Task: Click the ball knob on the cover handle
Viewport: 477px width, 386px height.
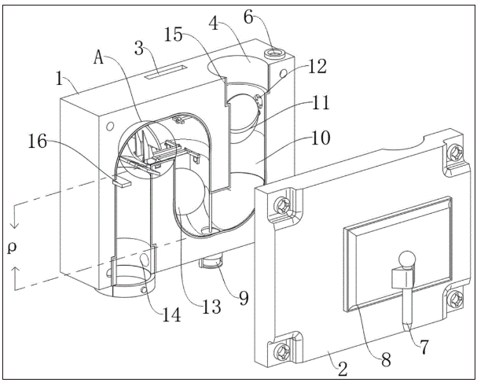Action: point(405,257)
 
